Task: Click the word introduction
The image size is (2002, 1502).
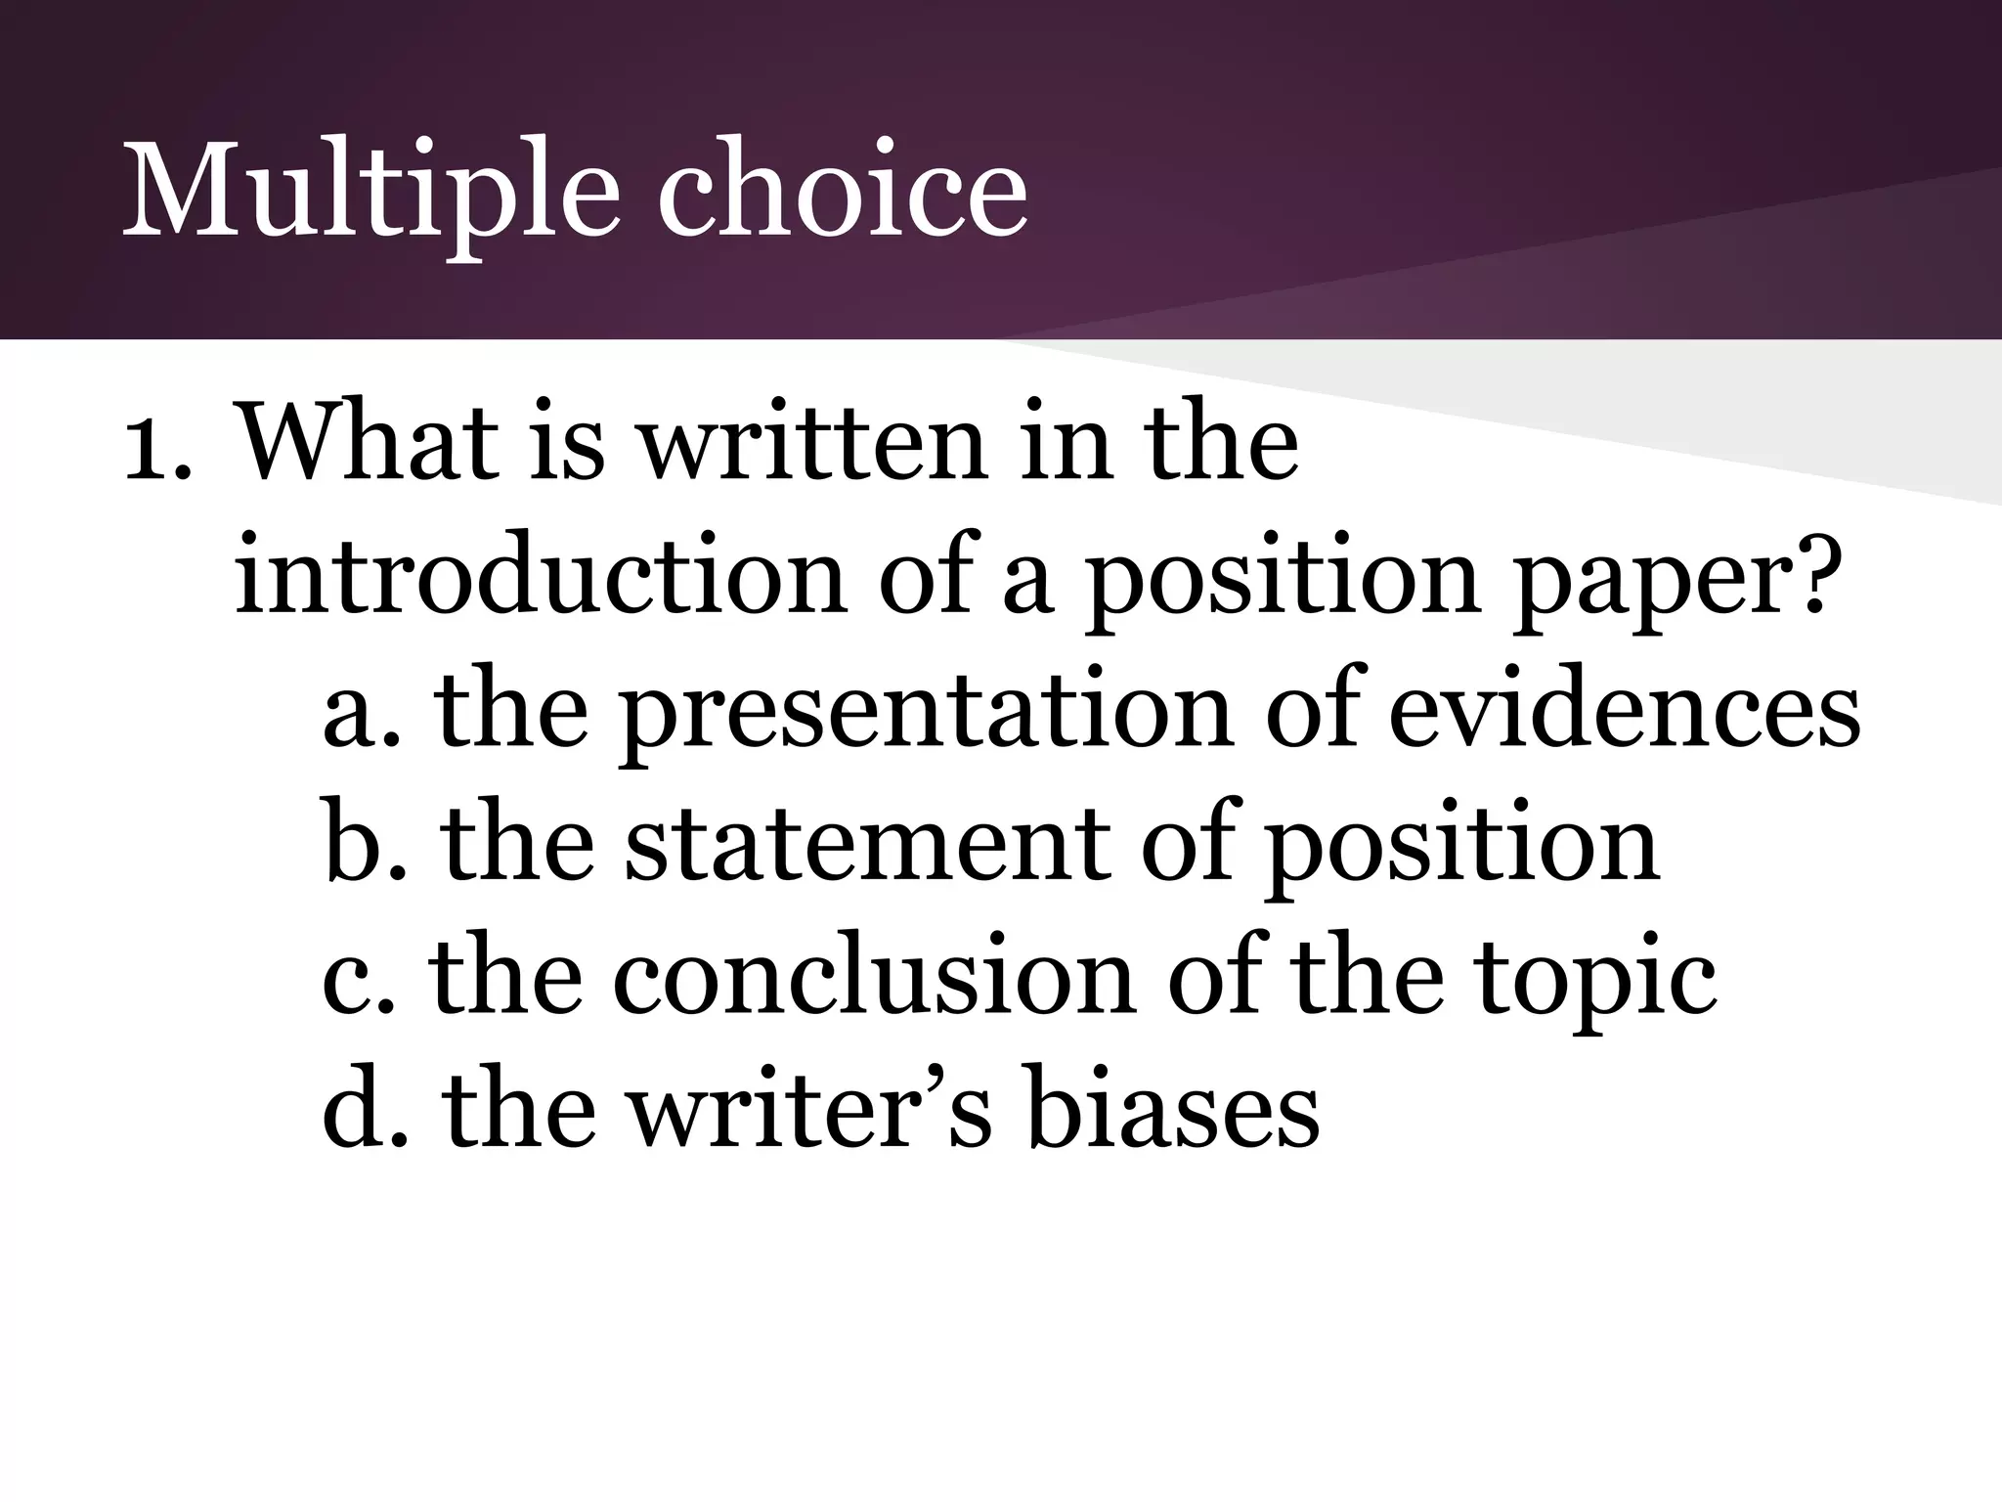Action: [540, 577]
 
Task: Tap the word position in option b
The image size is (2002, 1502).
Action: [1462, 849]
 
